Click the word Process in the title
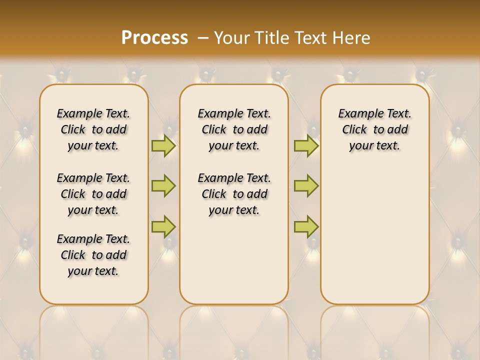pos(154,37)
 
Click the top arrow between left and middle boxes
pos(163,145)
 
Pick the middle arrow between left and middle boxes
pos(163,186)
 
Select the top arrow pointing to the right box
pos(306,145)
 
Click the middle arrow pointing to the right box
pos(306,186)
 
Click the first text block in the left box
pos(93,129)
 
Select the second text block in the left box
pos(93,194)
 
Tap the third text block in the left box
pos(93,255)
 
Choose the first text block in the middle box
pos(234,129)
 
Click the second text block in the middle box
pos(234,194)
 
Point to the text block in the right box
pos(375,129)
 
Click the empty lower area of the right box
pos(375,235)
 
